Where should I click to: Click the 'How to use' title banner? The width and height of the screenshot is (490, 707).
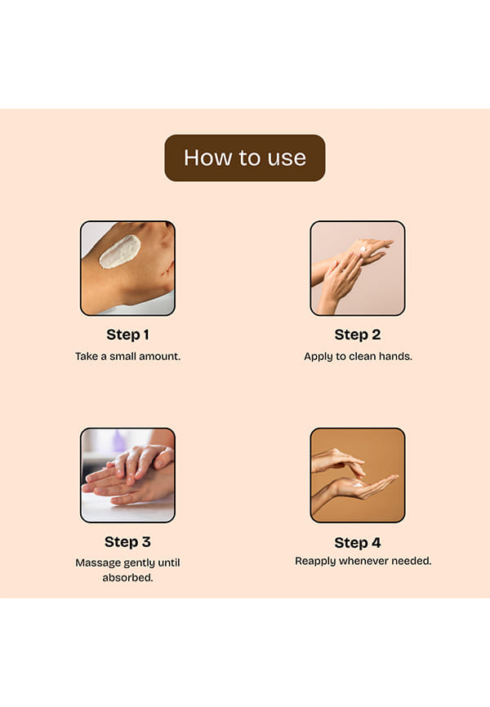[x=244, y=158]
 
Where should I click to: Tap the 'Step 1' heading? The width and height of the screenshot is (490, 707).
[x=127, y=335]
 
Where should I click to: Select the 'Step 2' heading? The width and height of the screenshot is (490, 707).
[x=358, y=335]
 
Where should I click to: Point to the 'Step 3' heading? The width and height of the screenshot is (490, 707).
[x=127, y=541]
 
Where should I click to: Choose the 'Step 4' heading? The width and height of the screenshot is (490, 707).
[x=358, y=542]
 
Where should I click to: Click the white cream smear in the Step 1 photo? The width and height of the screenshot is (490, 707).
[x=119, y=251]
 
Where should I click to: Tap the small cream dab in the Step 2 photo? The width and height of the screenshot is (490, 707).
[x=363, y=249]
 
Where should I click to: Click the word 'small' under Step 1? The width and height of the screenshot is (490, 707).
[x=122, y=356]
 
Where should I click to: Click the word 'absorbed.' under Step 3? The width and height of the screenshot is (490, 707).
[x=127, y=577]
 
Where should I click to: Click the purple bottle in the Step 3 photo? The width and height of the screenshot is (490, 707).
[x=119, y=441]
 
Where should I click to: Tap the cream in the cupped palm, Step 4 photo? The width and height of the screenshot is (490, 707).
[x=358, y=485]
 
